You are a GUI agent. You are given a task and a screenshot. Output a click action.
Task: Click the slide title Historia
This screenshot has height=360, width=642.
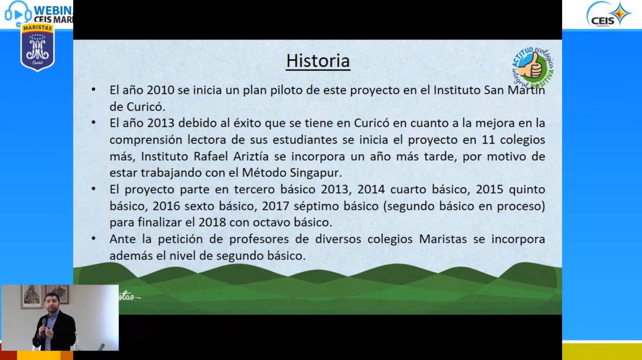coord(318,61)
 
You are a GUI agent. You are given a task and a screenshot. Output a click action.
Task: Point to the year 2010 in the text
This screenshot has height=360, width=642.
coord(160,90)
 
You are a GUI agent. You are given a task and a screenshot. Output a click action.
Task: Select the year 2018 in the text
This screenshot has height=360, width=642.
coord(212,222)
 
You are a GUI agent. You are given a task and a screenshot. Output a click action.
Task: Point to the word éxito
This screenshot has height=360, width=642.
coord(247,123)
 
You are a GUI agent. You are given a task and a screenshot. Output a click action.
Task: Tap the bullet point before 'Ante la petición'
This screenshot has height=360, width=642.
coord(94,238)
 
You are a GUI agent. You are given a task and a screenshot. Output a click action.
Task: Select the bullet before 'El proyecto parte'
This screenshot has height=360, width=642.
coord(94,188)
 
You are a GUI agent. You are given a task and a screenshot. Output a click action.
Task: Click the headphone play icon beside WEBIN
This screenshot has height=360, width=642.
coord(17,13)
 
